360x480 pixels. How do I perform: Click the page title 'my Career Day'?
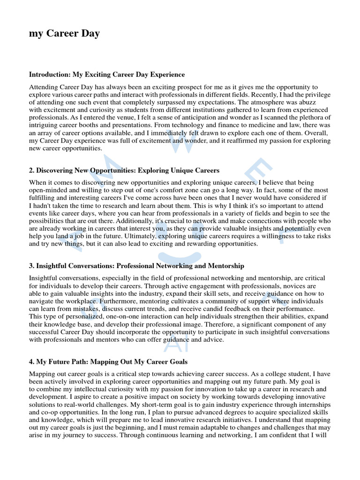(64, 33)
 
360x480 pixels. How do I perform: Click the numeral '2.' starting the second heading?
(32, 170)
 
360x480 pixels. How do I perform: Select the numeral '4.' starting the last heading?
(32, 362)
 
